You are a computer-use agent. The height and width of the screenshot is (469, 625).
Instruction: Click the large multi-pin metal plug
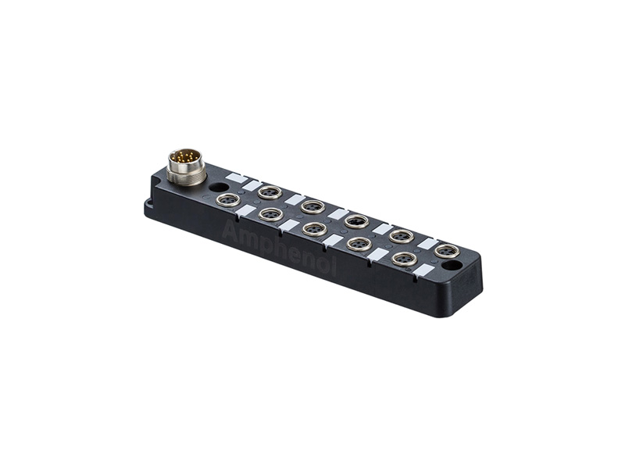(x=187, y=166)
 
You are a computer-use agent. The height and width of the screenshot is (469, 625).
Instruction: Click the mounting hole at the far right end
(x=451, y=266)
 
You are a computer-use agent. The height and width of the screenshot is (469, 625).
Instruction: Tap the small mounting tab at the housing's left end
(x=148, y=206)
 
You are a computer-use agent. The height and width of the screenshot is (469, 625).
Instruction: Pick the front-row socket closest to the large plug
(x=227, y=201)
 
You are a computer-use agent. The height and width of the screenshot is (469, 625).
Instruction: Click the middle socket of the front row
(x=314, y=228)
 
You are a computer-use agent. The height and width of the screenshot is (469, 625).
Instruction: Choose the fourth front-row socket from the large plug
(x=359, y=243)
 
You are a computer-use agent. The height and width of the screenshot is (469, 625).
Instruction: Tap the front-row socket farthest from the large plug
(x=403, y=259)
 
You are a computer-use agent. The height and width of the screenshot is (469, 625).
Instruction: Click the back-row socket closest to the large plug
(x=269, y=192)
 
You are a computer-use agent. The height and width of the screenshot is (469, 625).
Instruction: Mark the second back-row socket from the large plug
(x=312, y=206)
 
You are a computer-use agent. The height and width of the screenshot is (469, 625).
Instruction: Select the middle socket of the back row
(x=356, y=220)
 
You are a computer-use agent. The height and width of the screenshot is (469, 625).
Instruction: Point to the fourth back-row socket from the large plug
(x=402, y=235)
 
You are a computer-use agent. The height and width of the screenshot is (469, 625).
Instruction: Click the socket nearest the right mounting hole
(x=446, y=250)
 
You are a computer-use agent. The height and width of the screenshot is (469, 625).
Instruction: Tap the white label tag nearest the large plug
(x=235, y=178)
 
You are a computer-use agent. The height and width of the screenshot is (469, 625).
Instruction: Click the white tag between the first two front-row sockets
(x=247, y=210)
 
